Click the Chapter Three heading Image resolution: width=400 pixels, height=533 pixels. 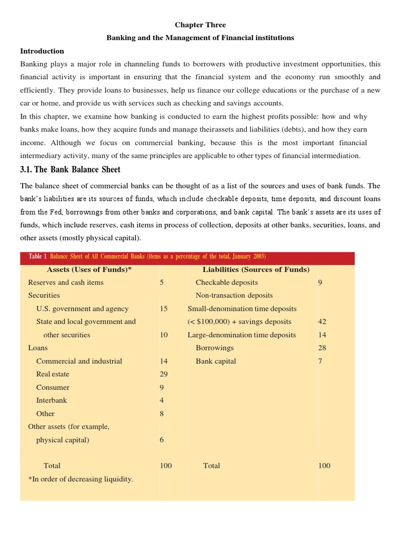coord(200,24)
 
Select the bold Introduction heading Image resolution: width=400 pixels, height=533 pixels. coord(42,51)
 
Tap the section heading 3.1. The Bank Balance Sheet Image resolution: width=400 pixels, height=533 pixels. coord(70,169)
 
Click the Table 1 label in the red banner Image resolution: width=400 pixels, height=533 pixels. coord(37,256)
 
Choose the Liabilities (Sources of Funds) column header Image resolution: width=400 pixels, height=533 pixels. coord(256,269)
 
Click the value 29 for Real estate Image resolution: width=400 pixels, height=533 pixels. coord(164,374)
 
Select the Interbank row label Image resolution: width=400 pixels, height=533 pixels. coord(51,400)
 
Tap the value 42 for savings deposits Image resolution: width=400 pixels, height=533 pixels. coord(321,321)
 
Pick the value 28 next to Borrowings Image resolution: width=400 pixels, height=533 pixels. coord(321,348)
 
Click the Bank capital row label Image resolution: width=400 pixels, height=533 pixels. coord(216,361)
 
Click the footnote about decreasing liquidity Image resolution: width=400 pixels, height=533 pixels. coord(81,479)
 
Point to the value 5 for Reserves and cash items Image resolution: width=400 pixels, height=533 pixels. coord(161,282)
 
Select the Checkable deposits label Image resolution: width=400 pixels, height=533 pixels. coord(227,282)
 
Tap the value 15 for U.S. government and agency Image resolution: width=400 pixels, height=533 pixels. coord(164,308)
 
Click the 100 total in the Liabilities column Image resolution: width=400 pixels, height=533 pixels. coord(324,465)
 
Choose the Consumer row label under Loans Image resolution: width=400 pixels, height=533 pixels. coord(53,387)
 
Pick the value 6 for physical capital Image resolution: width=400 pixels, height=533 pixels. coord(161,440)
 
